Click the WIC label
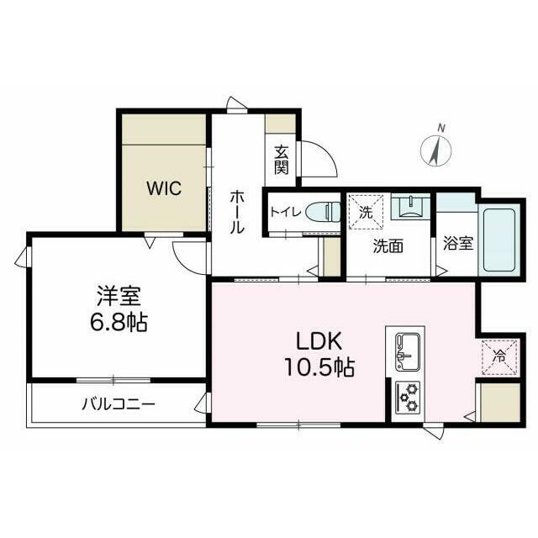click(165, 188)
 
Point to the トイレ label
click(282, 212)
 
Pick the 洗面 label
click(389, 246)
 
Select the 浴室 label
click(457, 245)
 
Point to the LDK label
click(317, 343)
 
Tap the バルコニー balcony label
click(119, 404)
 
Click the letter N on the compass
click(441, 128)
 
